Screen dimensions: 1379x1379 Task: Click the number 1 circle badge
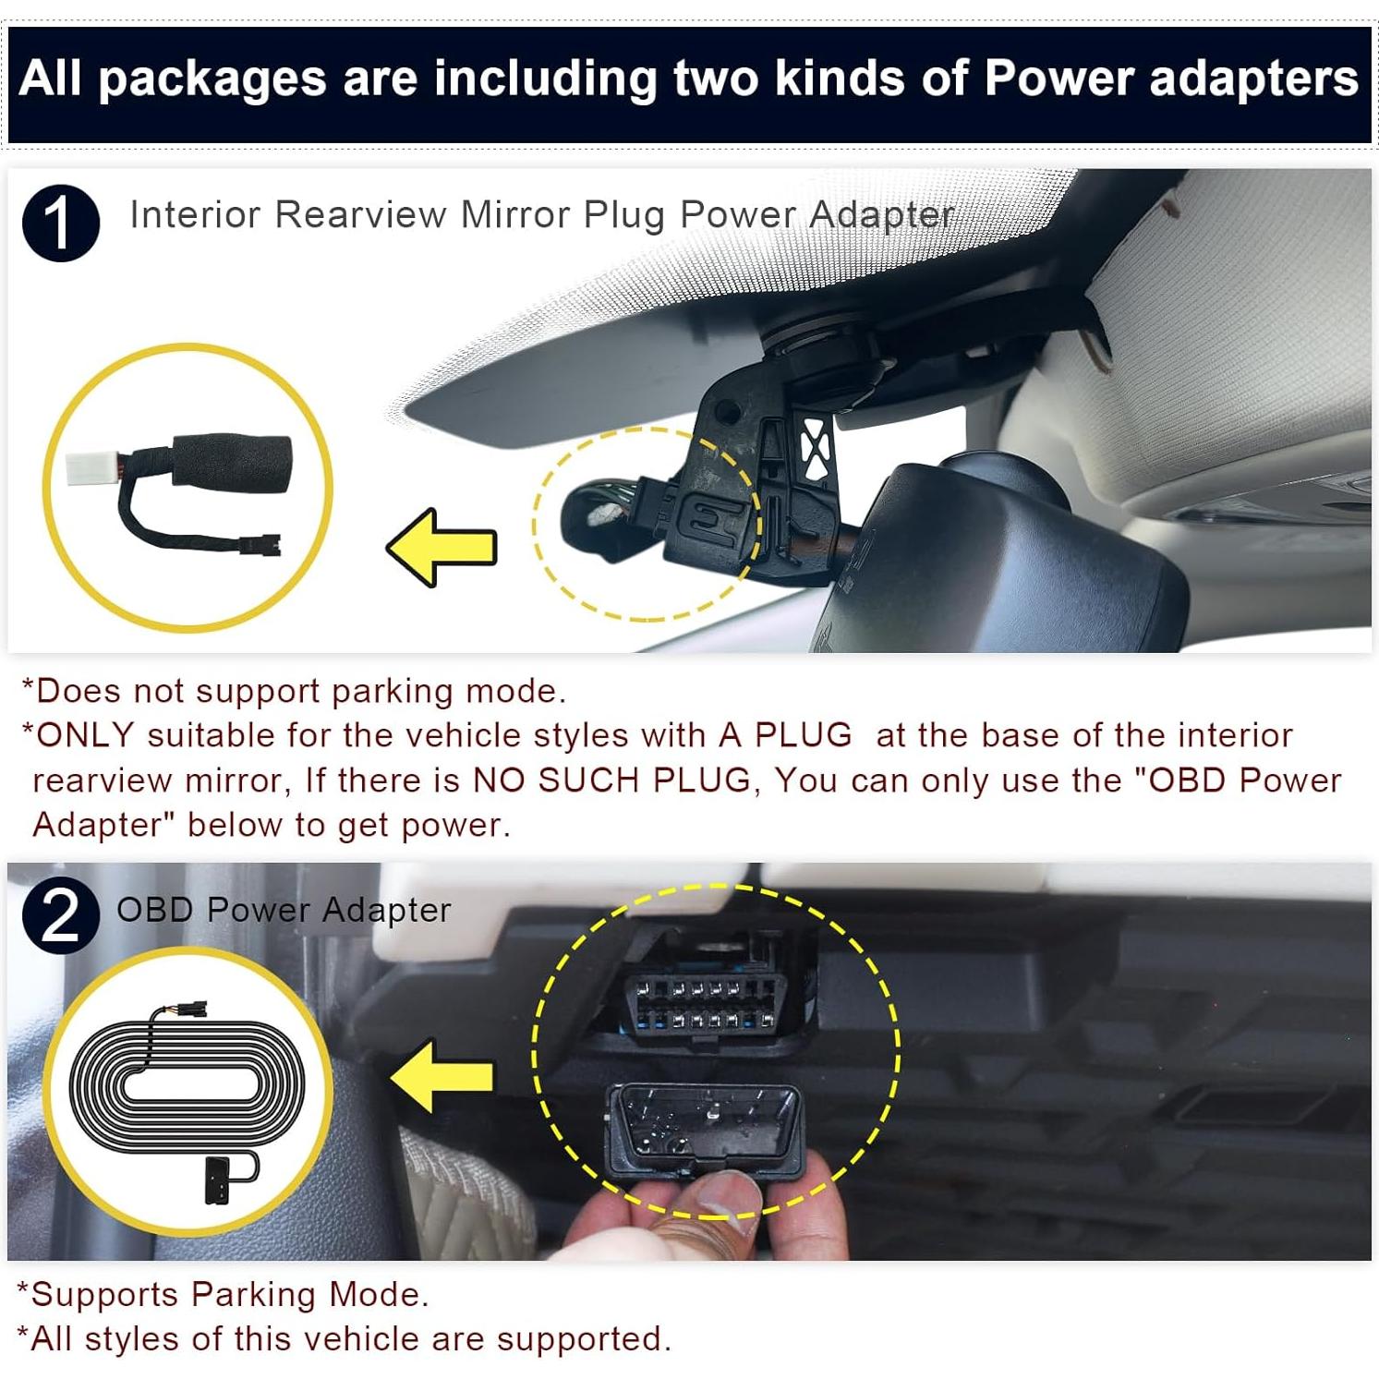[61, 224]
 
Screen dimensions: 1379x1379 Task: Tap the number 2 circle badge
[61, 915]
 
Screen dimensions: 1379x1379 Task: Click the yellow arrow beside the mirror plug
[442, 547]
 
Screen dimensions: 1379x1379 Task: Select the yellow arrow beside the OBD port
[442, 1075]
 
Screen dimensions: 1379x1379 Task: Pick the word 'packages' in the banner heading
[212, 79]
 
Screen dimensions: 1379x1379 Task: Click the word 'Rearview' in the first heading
[361, 215]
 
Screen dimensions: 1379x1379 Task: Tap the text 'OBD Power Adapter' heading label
[284, 910]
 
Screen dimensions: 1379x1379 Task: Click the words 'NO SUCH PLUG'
[612, 780]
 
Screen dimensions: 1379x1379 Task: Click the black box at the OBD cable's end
[219, 1179]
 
